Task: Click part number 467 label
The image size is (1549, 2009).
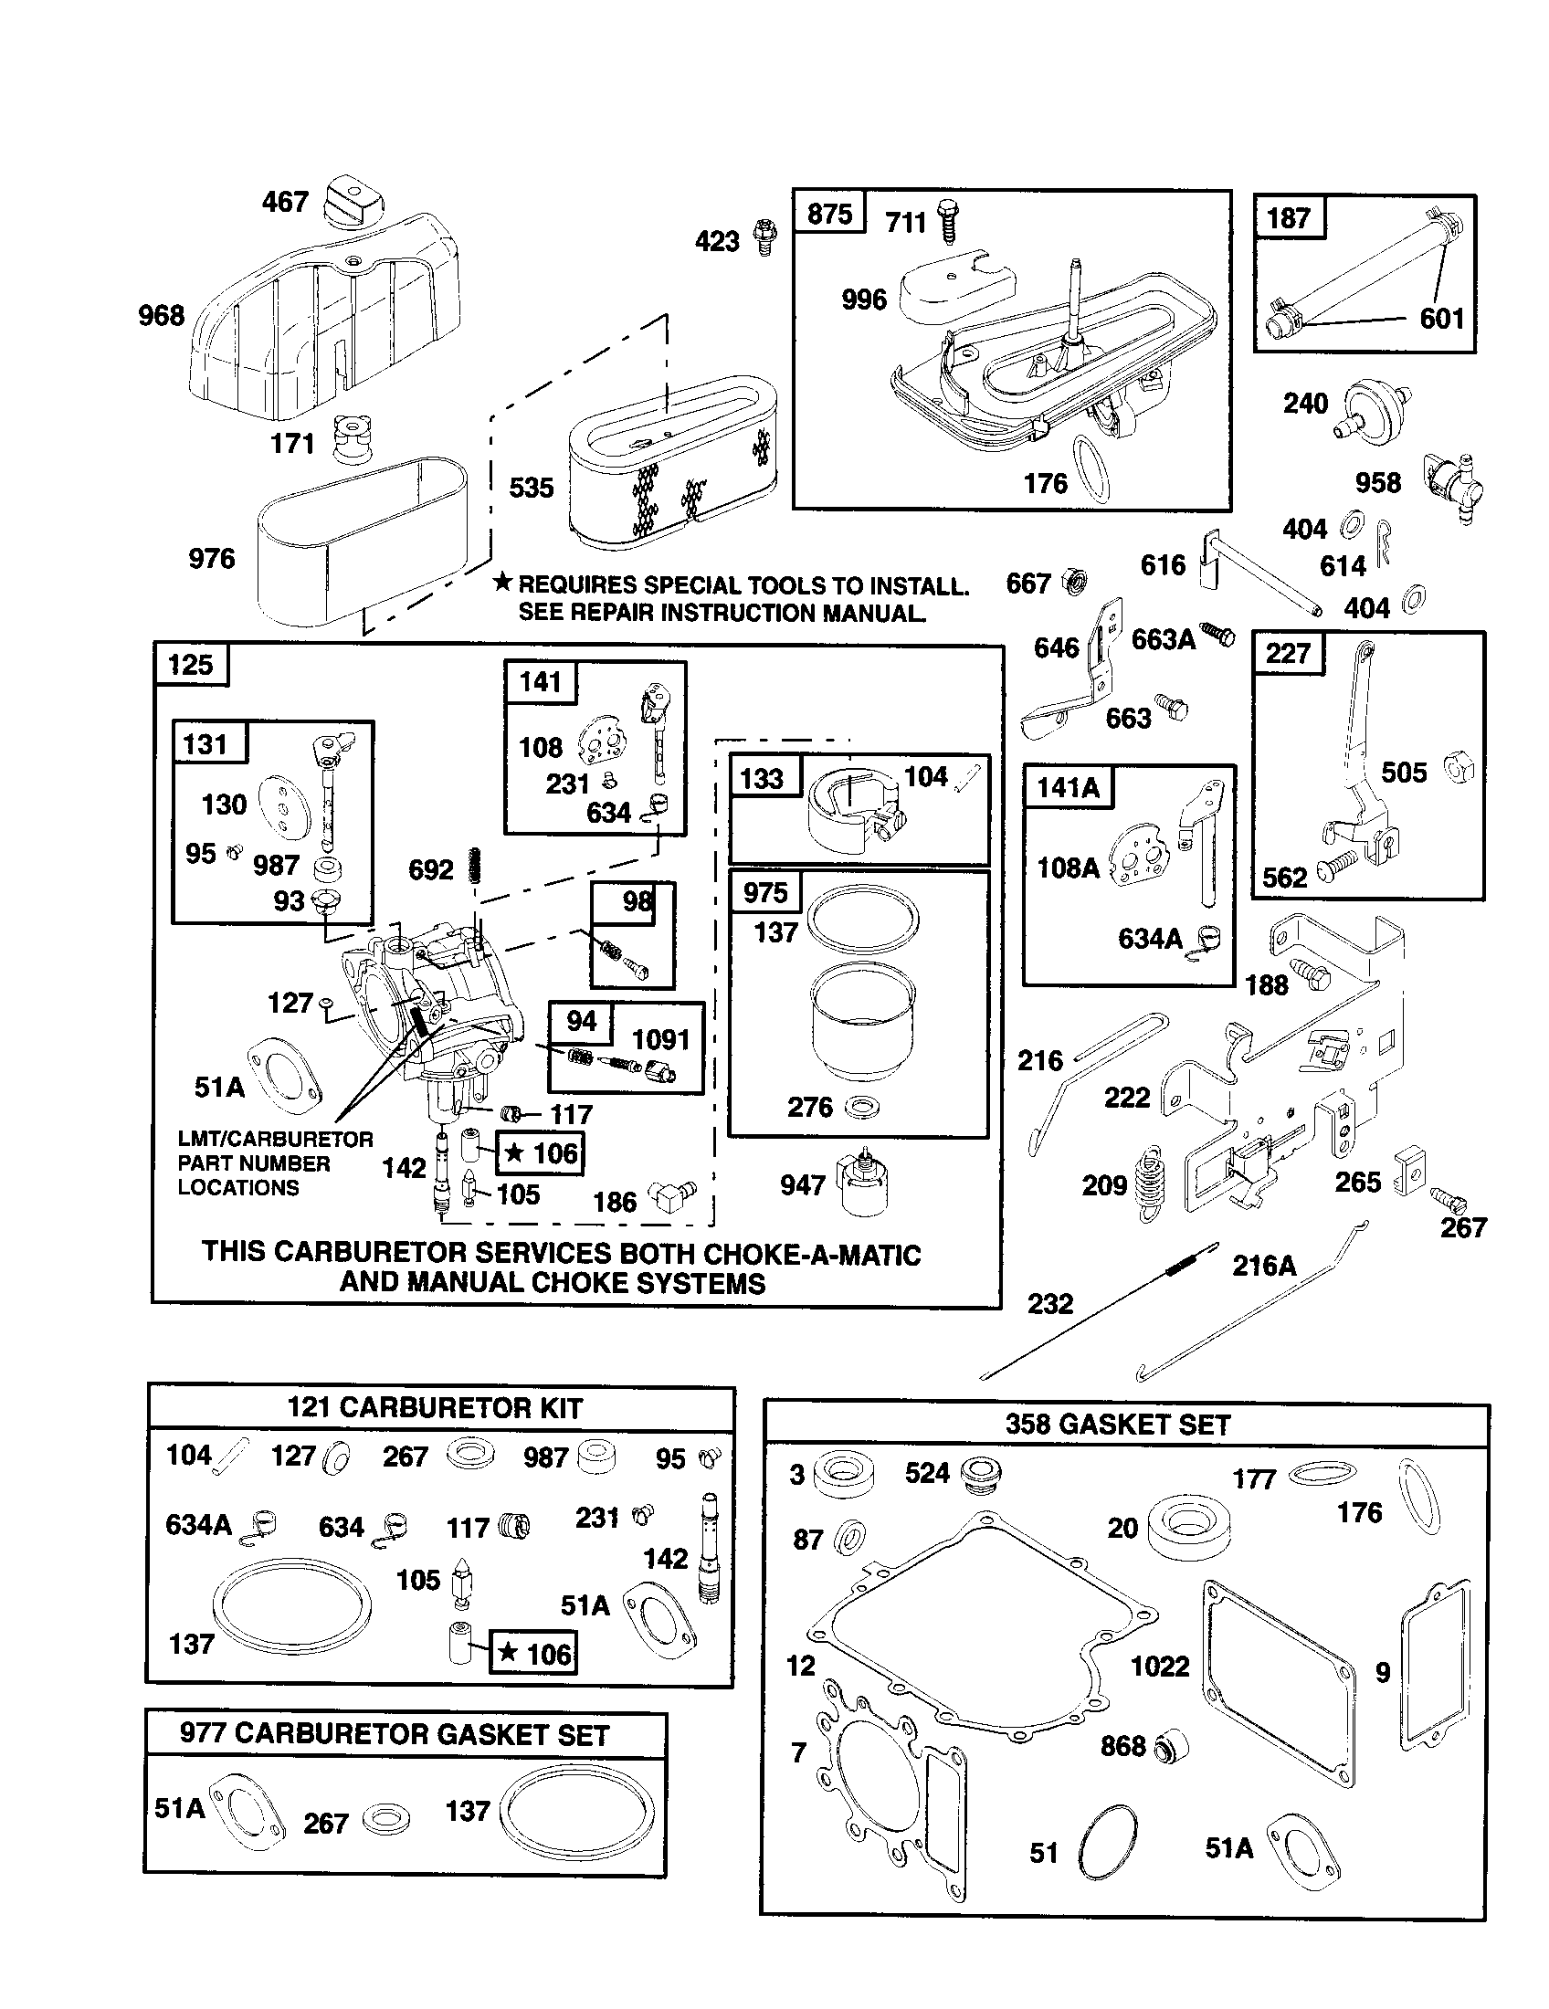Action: pos(284,202)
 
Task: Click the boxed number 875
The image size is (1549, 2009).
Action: pos(828,215)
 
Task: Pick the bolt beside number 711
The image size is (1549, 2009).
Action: pos(949,221)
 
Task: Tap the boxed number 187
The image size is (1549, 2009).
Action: pos(1288,218)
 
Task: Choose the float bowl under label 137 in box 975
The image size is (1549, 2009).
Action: pos(862,1021)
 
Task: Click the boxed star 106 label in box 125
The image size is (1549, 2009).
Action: pos(540,1153)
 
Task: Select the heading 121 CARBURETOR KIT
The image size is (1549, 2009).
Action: pos(435,1408)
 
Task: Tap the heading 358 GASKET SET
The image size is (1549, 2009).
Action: pos(1117,1425)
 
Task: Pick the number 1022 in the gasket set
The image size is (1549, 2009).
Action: pos(1159,1666)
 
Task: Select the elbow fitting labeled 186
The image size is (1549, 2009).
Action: pos(671,1197)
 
